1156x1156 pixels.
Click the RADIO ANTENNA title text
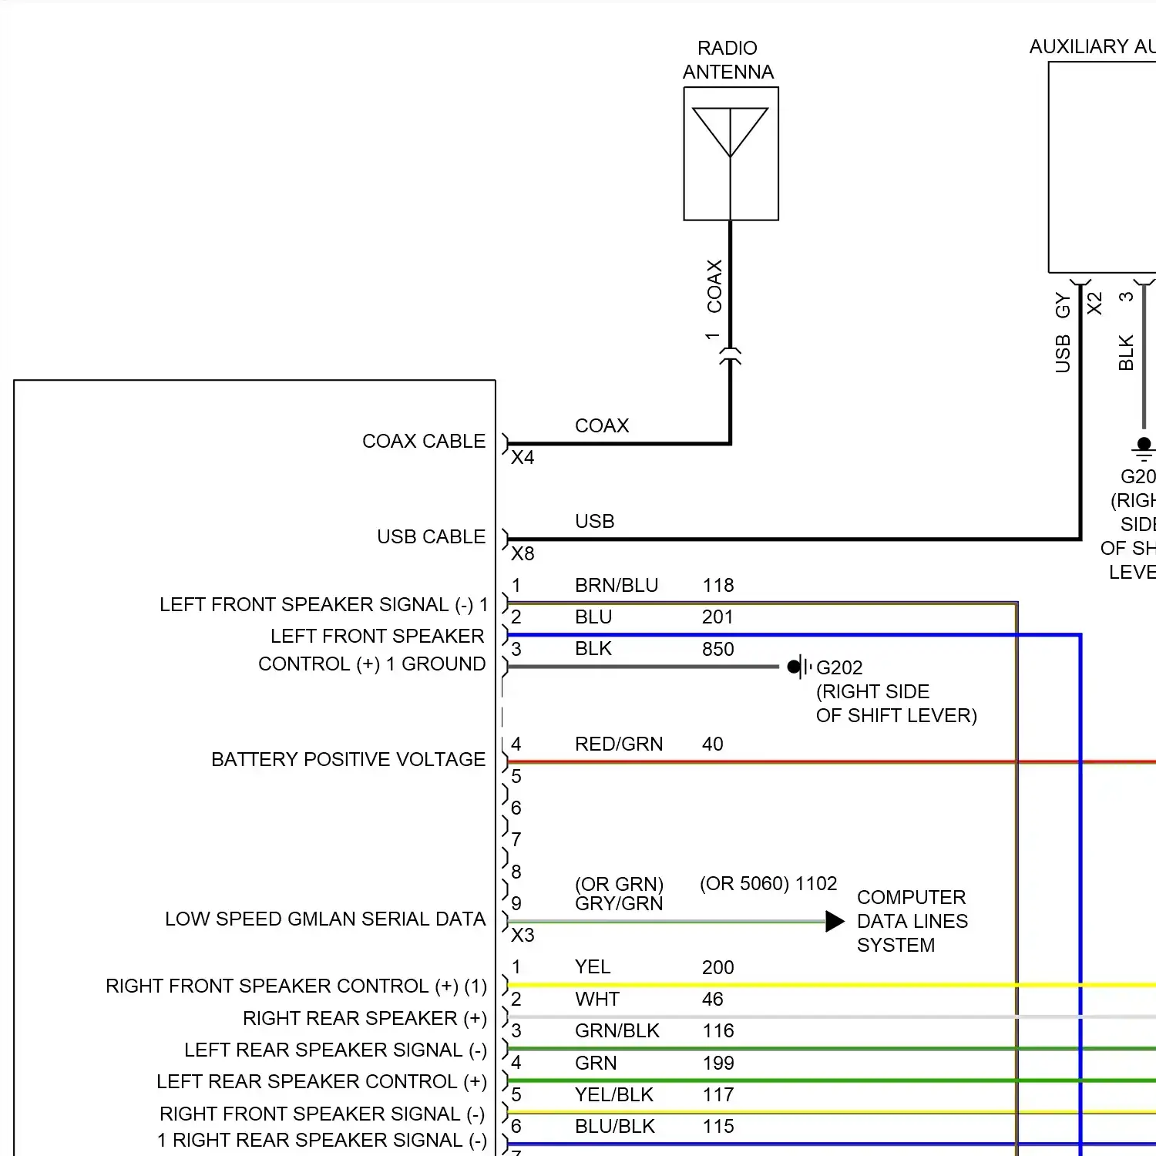point(728,60)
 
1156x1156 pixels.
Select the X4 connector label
point(523,458)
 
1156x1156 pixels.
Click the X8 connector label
point(523,553)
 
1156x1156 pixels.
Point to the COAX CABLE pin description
point(424,441)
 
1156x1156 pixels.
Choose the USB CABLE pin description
point(431,536)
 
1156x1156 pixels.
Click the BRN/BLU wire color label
point(617,585)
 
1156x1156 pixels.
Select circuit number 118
point(718,585)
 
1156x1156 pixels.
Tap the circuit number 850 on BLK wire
point(717,649)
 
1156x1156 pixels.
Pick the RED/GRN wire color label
point(619,744)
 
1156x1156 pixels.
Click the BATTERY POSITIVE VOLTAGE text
point(348,759)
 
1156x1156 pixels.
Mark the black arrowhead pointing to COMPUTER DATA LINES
point(835,921)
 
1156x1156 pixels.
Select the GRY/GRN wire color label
point(619,903)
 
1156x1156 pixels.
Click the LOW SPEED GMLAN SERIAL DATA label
point(325,919)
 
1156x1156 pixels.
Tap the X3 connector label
point(523,935)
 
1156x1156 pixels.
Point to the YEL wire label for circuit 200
point(592,966)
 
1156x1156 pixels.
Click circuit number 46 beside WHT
point(712,999)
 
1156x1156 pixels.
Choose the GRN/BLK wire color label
point(617,1030)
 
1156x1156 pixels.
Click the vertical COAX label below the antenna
point(714,286)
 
